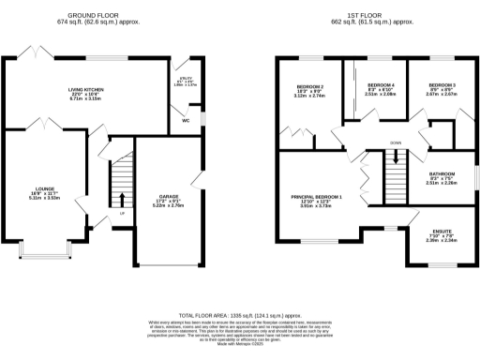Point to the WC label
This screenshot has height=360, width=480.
point(186,121)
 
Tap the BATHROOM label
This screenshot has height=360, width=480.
point(442,173)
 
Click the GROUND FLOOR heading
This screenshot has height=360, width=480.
point(98,14)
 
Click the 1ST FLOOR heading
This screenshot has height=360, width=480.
point(373,14)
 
